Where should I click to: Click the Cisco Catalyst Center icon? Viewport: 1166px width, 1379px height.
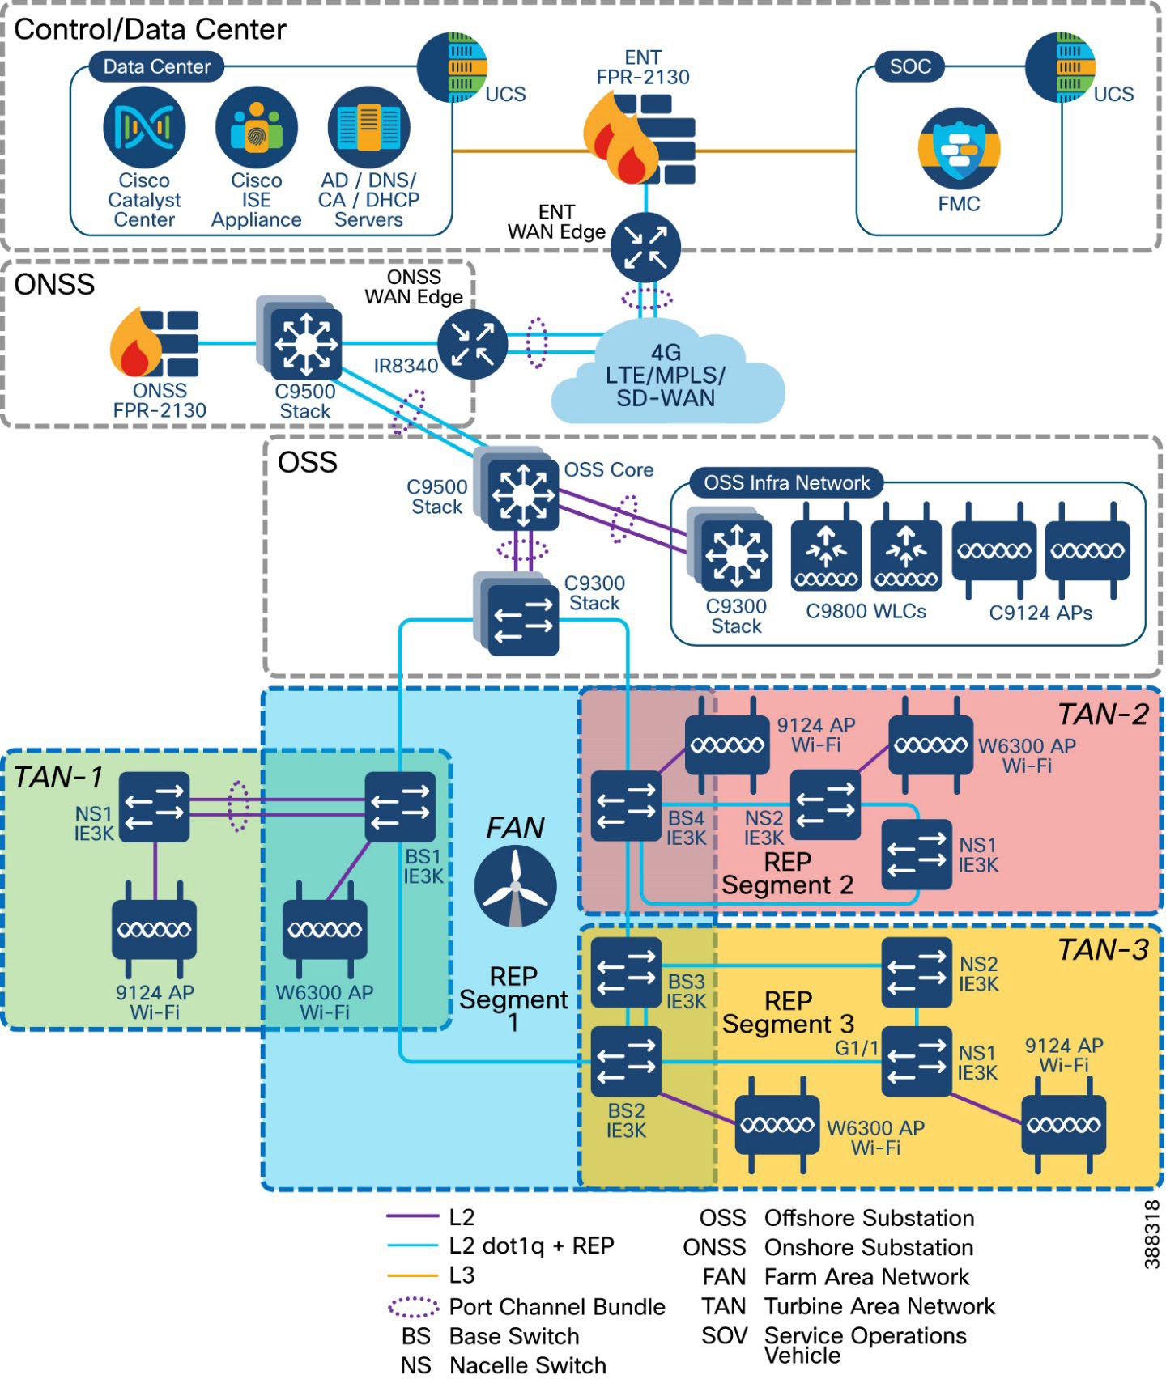[x=144, y=128]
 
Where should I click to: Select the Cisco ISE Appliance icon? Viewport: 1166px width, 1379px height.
[x=256, y=128]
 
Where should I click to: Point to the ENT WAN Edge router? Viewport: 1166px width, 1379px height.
[x=645, y=248]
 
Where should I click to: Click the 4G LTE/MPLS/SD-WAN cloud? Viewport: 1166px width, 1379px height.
[x=666, y=376]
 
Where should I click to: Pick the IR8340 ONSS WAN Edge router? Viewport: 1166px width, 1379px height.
[x=472, y=344]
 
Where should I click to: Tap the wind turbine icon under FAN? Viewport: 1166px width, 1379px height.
[x=515, y=887]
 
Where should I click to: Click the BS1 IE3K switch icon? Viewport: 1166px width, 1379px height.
[x=399, y=807]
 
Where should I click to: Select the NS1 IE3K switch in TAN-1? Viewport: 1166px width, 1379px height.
[x=154, y=807]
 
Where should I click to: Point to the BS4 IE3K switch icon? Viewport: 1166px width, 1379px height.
[x=626, y=806]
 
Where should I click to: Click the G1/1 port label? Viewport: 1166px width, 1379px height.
[x=857, y=1048]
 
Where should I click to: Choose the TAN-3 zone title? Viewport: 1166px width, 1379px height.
[x=1103, y=950]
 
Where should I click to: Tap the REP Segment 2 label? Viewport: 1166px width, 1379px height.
[x=787, y=873]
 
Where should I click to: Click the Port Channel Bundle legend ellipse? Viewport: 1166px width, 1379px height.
[x=413, y=1306]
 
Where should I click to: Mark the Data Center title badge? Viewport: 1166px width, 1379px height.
[x=156, y=66]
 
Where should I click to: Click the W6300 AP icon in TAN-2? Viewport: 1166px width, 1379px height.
[x=930, y=745]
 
